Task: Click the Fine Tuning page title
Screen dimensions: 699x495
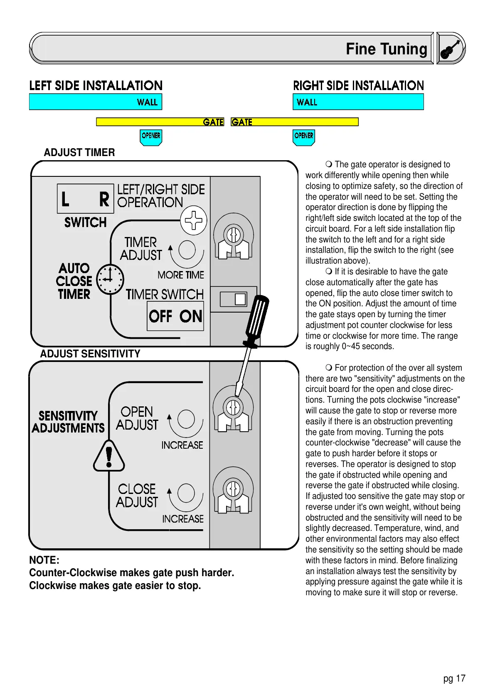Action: point(386,49)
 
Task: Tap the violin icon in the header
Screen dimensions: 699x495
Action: point(451,49)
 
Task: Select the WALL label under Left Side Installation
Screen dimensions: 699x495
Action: point(147,102)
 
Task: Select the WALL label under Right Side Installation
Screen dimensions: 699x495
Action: point(307,102)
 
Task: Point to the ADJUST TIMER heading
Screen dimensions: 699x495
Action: point(79,152)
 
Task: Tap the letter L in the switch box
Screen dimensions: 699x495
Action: point(65,199)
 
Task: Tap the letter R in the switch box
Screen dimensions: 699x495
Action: point(104,199)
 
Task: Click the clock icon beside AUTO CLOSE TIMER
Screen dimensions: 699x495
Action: point(110,279)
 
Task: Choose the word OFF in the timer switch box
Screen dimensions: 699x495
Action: point(160,317)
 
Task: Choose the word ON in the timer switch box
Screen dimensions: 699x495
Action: point(191,317)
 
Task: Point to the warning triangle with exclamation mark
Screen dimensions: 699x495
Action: point(109,456)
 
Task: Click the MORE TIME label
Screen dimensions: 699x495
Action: point(181,275)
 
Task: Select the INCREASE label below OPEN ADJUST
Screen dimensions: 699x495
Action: point(182,445)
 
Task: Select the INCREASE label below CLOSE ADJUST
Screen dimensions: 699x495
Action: point(183,519)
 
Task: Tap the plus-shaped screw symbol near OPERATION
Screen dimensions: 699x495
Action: point(194,220)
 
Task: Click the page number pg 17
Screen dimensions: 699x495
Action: point(454,678)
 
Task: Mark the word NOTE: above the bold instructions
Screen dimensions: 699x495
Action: point(44,560)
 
